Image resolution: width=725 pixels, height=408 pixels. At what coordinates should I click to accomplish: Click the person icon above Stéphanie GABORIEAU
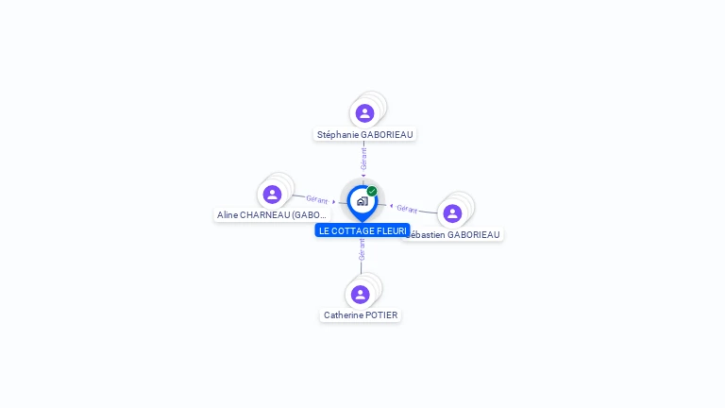[364, 113]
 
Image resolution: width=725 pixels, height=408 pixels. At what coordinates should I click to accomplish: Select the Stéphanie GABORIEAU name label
[365, 134]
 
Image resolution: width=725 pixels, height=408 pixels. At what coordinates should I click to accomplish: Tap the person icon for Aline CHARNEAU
[272, 195]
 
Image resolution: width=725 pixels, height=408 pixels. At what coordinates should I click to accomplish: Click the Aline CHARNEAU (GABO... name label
[272, 214]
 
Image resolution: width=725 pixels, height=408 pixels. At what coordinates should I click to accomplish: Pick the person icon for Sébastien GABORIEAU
[452, 213]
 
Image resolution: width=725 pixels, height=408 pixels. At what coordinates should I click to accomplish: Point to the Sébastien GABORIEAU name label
[459, 234]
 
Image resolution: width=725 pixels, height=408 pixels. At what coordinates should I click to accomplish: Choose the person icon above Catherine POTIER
[360, 295]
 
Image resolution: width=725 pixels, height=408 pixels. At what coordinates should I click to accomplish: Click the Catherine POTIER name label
[361, 314]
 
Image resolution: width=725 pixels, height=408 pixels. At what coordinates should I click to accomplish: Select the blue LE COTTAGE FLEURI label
[362, 230]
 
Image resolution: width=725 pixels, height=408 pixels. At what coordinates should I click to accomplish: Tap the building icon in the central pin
[362, 201]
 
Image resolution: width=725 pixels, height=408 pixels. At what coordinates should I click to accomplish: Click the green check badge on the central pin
[372, 191]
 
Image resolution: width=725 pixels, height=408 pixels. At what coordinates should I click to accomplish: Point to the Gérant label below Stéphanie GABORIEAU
[363, 158]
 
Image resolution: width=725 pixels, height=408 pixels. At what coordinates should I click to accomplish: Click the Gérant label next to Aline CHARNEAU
[316, 199]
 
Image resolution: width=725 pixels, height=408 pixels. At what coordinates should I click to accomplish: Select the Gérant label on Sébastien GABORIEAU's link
[407, 208]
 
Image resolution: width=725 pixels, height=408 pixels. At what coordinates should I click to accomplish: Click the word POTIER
[382, 314]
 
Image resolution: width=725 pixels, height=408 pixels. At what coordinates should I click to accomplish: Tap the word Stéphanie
[338, 134]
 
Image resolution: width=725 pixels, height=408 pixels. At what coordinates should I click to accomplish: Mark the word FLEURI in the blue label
[392, 230]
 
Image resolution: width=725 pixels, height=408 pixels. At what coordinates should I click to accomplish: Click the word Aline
[228, 214]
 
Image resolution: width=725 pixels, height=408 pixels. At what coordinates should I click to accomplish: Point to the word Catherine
[344, 314]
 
